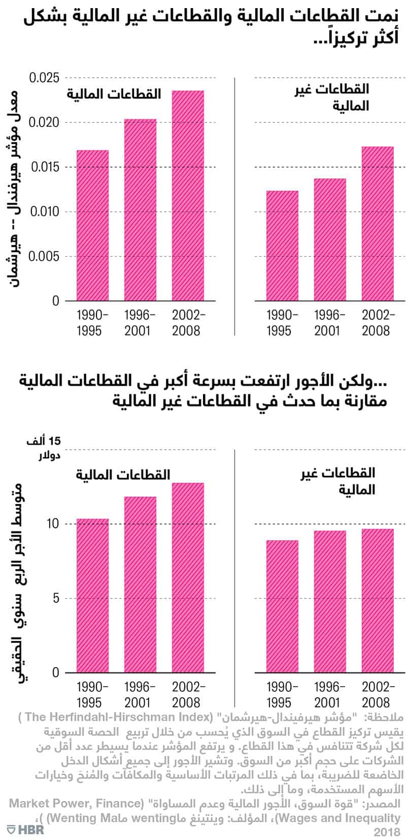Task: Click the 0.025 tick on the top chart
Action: (x=44, y=78)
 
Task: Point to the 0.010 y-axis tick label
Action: (x=44, y=212)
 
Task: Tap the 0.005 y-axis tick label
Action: (x=44, y=257)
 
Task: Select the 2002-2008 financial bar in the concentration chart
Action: (x=188, y=196)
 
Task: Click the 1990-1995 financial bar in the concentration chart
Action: (x=92, y=226)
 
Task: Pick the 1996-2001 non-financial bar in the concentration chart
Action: (x=330, y=239)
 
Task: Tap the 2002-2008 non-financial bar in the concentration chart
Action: (x=378, y=224)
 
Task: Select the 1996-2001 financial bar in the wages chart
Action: (x=140, y=584)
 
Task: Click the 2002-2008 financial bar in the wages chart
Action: (x=188, y=578)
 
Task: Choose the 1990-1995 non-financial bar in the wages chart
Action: (x=282, y=606)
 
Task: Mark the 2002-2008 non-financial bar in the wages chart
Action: (x=378, y=601)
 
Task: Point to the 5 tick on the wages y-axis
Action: (x=55, y=599)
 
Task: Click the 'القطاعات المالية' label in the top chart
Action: (x=113, y=94)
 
